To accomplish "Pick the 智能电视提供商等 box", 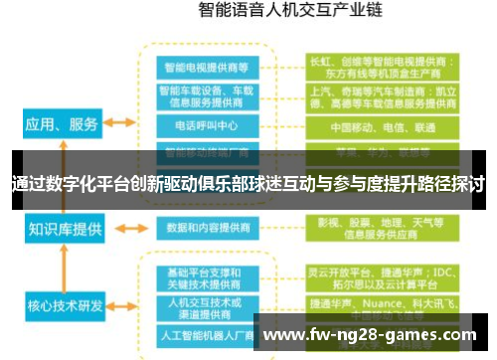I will click(208, 67).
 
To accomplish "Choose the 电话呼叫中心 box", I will click(208, 127).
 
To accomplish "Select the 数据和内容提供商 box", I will click(208, 227).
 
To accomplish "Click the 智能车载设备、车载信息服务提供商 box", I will click(208, 96).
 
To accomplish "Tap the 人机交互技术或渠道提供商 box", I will click(208, 304).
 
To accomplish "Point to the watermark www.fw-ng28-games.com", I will click(373, 334).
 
